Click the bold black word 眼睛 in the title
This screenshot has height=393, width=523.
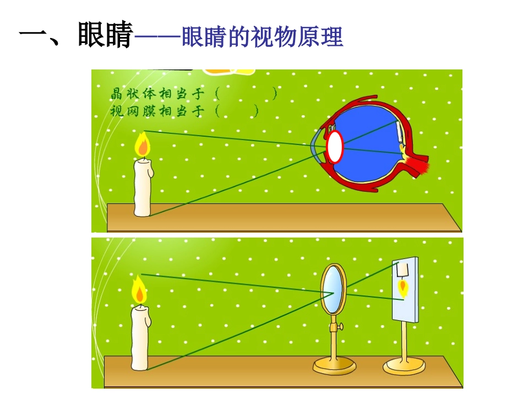point(105,36)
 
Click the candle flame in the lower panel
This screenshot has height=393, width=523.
point(139,290)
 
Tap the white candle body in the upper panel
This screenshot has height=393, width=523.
point(143,187)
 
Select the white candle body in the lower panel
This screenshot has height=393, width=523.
point(139,337)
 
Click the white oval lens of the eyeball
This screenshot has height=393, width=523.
point(335,147)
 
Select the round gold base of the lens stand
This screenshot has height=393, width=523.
point(334,365)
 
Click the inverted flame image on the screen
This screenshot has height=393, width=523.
point(404,288)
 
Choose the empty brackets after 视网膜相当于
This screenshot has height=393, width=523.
point(237,111)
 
